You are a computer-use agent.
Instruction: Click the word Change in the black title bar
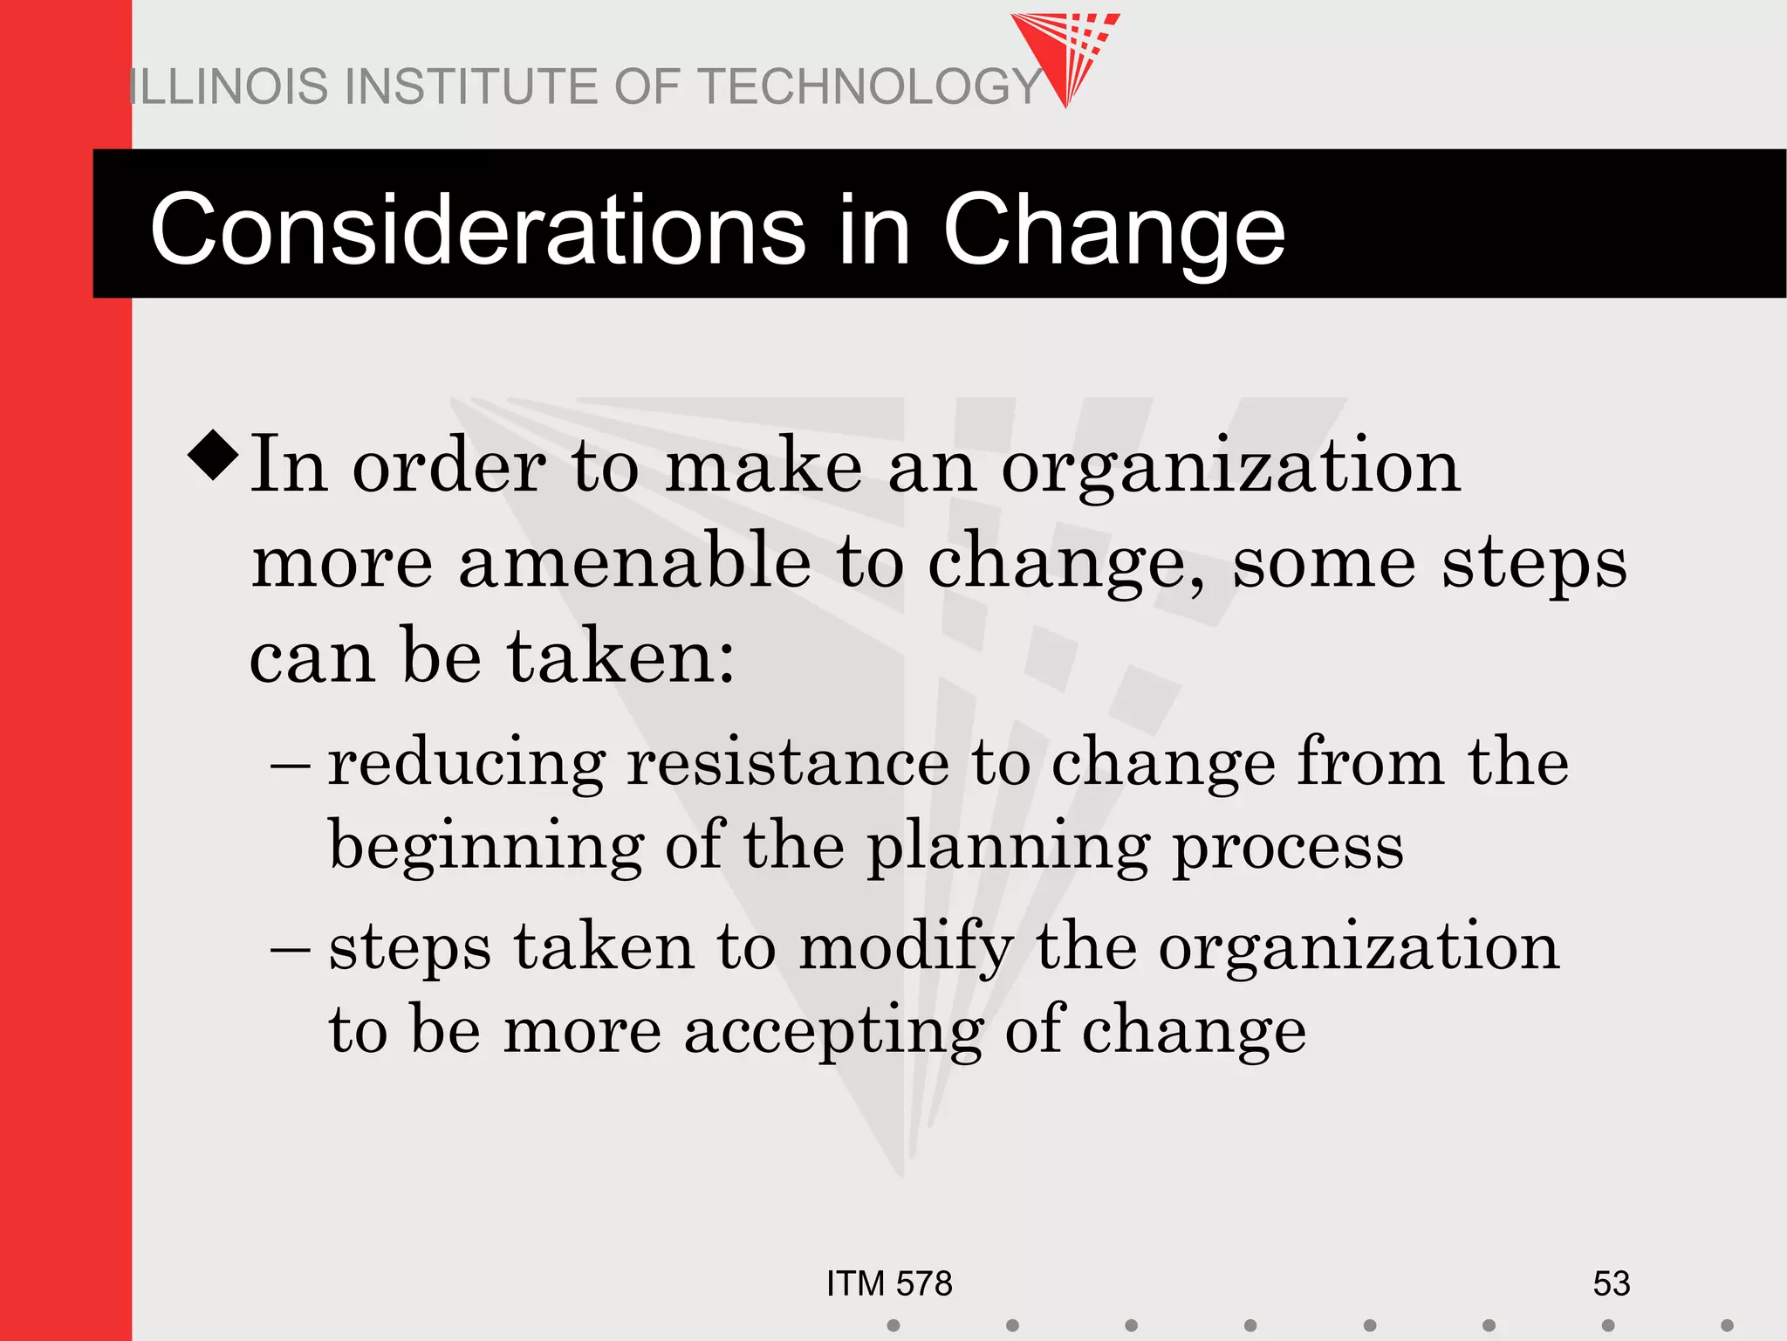tap(1113, 230)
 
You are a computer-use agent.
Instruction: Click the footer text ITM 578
tap(889, 1283)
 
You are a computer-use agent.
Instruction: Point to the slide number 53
tap(1611, 1283)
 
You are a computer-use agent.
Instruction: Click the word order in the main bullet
tap(448, 466)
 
